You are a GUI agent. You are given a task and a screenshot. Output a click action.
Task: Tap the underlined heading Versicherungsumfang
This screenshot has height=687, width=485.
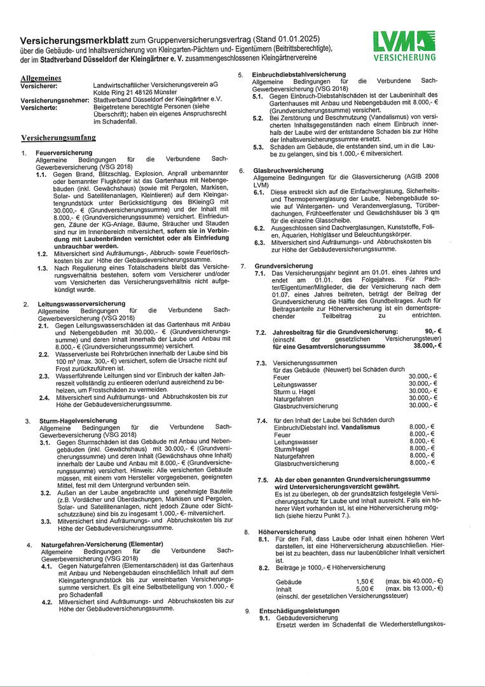coord(58,137)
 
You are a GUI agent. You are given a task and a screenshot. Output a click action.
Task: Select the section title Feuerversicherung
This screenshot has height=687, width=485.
coord(64,153)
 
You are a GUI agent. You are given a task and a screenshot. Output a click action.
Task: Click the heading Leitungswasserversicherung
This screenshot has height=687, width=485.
coord(72,303)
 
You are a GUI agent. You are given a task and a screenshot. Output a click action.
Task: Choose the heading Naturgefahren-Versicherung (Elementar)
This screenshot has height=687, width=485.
coord(102,545)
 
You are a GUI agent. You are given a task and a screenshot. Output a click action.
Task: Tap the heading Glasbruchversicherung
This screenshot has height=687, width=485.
coord(288,170)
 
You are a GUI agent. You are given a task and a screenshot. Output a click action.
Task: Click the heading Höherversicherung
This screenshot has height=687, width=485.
coord(278,531)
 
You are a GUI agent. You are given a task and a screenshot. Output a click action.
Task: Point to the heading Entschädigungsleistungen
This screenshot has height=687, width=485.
coord(299,611)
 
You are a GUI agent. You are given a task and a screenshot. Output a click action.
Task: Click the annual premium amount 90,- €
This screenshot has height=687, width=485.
coord(432,331)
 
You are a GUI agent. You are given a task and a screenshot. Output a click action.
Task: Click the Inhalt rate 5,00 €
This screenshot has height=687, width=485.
coord(364,589)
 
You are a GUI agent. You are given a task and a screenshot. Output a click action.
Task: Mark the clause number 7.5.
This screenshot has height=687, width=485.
coord(262,478)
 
